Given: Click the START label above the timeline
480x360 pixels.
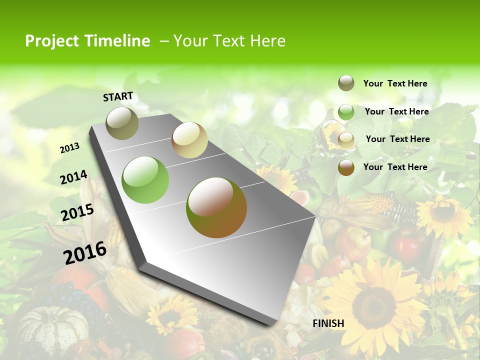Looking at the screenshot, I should (x=118, y=96).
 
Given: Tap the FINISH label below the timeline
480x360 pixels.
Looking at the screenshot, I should (x=328, y=323).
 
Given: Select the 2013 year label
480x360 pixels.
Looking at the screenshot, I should (x=69, y=148).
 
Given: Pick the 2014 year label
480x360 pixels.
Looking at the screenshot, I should (x=73, y=177).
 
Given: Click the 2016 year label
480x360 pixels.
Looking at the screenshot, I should (x=85, y=252).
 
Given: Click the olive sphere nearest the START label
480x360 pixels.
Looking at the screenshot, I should (x=122, y=123).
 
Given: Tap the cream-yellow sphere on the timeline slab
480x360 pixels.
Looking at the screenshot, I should (x=189, y=140).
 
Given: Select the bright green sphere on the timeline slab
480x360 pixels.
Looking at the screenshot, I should (x=145, y=180).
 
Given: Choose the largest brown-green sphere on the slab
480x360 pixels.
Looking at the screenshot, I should (x=216, y=207).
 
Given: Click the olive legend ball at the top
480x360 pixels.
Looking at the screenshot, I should (x=346, y=83).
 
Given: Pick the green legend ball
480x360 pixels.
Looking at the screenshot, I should (x=346, y=112).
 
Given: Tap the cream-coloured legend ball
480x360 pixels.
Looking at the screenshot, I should (x=346, y=140).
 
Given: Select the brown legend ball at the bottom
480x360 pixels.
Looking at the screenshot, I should (x=346, y=167).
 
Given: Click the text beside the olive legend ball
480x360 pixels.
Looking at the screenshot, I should (x=395, y=83).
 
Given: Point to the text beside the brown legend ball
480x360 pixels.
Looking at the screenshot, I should (x=395, y=167).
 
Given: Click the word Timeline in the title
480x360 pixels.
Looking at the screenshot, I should (x=117, y=41).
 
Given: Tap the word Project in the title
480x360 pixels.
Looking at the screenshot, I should (x=51, y=41).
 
